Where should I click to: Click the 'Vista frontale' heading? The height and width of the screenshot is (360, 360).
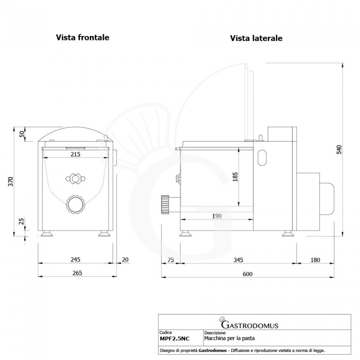pos(83,37)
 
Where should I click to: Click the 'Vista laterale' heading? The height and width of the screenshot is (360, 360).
pos(256,38)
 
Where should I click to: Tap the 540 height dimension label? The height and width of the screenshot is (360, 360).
pos(339,149)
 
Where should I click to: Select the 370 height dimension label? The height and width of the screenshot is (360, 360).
pos(10,182)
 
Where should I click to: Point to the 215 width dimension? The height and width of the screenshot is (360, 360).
pos(75,154)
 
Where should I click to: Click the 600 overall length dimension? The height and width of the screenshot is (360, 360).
pos(247,274)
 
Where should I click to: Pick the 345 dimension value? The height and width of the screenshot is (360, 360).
pos(238,260)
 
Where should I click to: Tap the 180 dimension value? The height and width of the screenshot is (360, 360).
pos(315,260)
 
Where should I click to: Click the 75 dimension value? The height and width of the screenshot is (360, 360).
pos(171,260)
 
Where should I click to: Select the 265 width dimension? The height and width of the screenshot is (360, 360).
pos(77,273)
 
